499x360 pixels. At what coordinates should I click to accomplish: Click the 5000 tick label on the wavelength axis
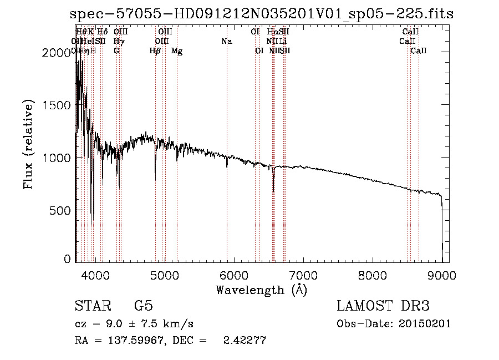pos(164,275)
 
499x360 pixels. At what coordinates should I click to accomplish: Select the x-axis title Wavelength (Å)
pos(261,290)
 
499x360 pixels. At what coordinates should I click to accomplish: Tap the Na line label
pos(226,41)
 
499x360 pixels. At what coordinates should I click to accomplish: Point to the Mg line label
pos(177,51)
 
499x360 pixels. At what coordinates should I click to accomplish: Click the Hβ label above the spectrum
pos(155,51)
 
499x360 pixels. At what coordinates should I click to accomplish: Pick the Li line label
pos(283,41)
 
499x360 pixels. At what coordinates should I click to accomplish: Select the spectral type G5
pos(143,306)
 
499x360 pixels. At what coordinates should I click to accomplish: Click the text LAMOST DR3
pos(383,306)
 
